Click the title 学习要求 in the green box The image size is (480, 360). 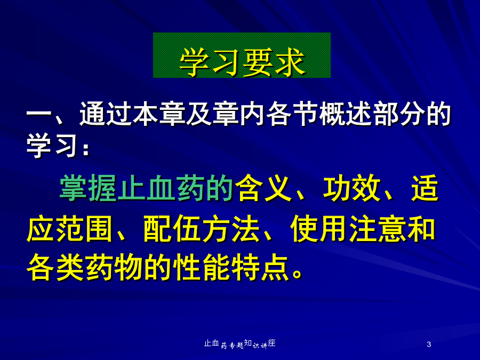[242, 62]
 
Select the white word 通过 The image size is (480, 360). [106, 114]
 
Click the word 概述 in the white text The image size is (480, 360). [345, 114]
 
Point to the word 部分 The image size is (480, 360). [398, 114]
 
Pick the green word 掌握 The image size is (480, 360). [87, 188]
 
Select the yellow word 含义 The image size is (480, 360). [264, 188]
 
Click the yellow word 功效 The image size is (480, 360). [351, 188]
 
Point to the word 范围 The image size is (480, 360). [84, 228]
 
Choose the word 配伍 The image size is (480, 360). [172, 228]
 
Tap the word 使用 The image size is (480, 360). [319, 228]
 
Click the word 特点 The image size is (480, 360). [260, 267]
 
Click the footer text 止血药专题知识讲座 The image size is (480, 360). [239, 344]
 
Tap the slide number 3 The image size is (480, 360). [429, 345]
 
